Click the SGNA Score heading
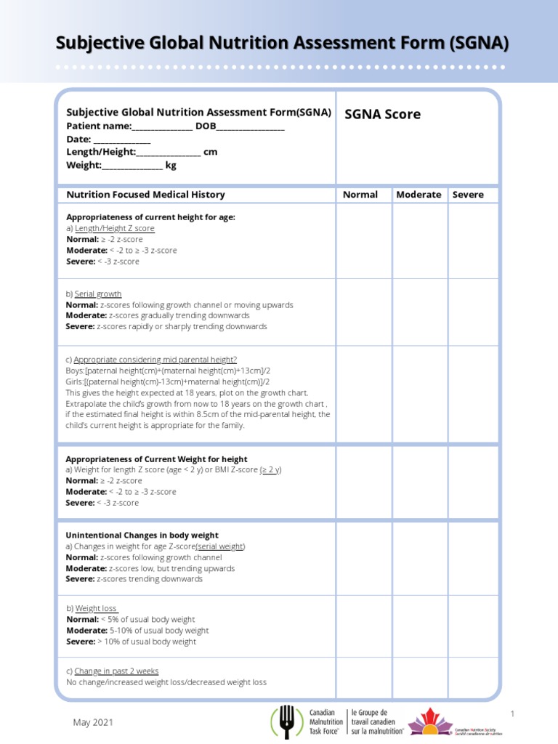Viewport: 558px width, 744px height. (382, 115)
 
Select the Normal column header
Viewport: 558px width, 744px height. (360, 195)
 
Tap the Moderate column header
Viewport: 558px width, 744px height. (418, 195)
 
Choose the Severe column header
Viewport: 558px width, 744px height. (468, 195)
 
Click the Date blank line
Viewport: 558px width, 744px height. (122, 139)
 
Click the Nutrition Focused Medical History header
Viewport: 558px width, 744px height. (146, 195)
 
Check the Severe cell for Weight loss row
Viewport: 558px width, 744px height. (473, 626)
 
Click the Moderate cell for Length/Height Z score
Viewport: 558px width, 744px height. (420, 241)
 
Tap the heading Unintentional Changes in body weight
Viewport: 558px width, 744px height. (142, 535)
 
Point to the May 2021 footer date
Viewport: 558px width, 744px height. (93, 722)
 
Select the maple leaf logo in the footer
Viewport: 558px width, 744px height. (429, 721)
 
